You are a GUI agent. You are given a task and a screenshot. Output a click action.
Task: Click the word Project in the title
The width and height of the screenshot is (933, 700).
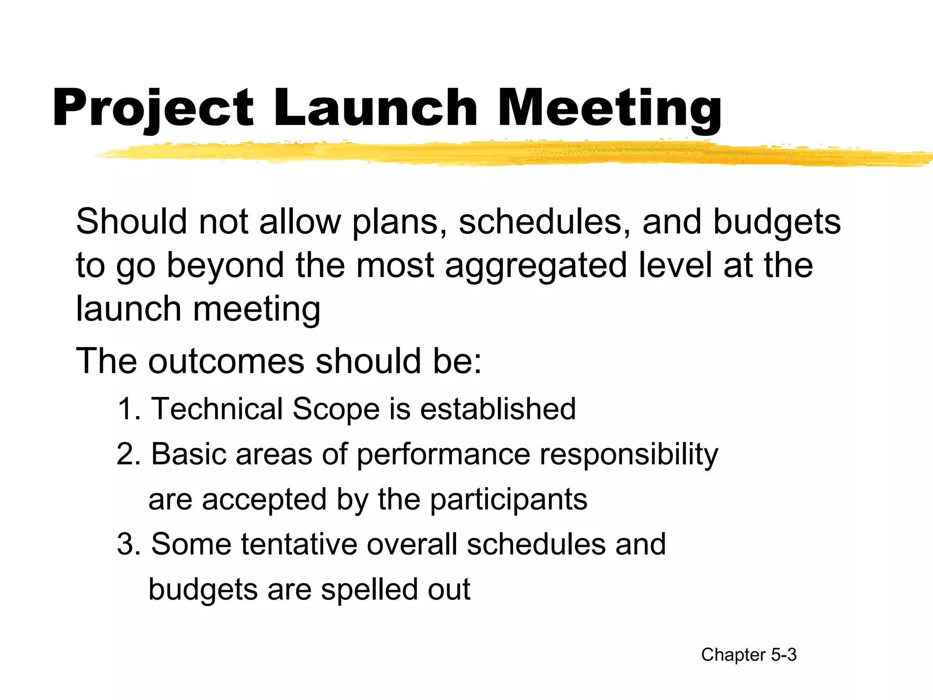click(x=153, y=108)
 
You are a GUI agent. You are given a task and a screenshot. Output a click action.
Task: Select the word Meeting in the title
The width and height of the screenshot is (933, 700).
click(x=610, y=108)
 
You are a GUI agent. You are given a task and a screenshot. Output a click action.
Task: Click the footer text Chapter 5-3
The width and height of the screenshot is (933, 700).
click(x=748, y=655)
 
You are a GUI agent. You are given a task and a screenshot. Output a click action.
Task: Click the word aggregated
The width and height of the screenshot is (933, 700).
click(x=535, y=266)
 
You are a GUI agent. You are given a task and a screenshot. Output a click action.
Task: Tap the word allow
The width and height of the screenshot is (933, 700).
click(x=300, y=222)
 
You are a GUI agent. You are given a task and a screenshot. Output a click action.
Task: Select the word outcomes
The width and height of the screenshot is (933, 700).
click(x=226, y=361)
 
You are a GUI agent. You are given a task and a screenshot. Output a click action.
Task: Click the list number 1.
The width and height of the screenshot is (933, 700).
click(x=128, y=409)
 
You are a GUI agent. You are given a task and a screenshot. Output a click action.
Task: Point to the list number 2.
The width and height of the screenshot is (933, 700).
click(x=128, y=454)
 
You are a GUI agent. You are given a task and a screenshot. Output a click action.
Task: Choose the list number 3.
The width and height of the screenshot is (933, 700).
click(x=128, y=544)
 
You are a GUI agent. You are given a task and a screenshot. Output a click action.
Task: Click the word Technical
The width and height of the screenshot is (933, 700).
click(x=217, y=409)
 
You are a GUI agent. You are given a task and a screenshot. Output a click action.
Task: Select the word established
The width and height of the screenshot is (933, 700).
click(x=497, y=409)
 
